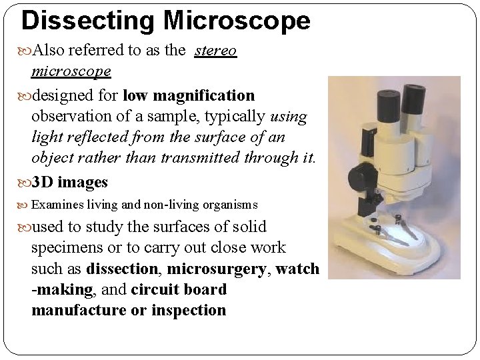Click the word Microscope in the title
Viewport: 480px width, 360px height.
[237, 21]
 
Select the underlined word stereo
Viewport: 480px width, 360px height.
[215, 51]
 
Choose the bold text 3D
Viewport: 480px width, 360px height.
[45, 182]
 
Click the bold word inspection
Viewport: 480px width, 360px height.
[189, 311]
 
